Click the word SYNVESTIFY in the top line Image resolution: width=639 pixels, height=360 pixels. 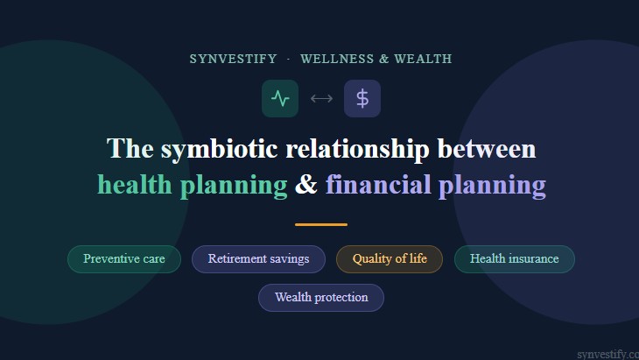(x=232, y=60)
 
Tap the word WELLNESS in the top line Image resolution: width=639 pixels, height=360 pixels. (x=337, y=60)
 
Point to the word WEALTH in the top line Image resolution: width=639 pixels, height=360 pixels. (x=423, y=60)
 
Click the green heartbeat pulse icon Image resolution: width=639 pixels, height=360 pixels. (x=280, y=98)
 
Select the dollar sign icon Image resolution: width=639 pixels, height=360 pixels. (x=362, y=98)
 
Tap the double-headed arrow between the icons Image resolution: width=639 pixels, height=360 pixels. (x=321, y=98)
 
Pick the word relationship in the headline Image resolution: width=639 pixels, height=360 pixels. (x=358, y=149)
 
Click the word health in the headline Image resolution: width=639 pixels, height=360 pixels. (x=134, y=185)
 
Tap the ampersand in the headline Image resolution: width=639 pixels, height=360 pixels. (x=306, y=185)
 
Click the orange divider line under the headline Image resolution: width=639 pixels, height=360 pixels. (x=321, y=224)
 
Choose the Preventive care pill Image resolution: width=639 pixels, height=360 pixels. (x=124, y=259)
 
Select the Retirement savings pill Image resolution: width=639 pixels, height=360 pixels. (x=258, y=259)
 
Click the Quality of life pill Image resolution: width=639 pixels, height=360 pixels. (x=390, y=259)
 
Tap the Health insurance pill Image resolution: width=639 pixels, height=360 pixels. (x=514, y=259)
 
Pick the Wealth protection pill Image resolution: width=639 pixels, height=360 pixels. (x=321, y=298)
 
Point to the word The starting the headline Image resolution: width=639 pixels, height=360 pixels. (x=130, y=149)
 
